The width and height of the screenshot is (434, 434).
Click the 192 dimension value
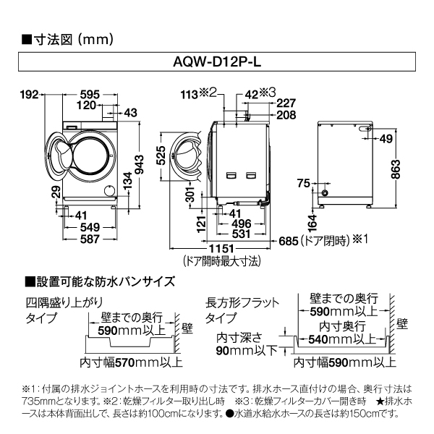coord(28,95)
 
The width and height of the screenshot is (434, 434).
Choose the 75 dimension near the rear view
coord(303,182)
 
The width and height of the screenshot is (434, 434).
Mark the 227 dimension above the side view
coord(285,103)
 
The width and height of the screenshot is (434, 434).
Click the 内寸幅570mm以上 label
coord(121,362)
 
